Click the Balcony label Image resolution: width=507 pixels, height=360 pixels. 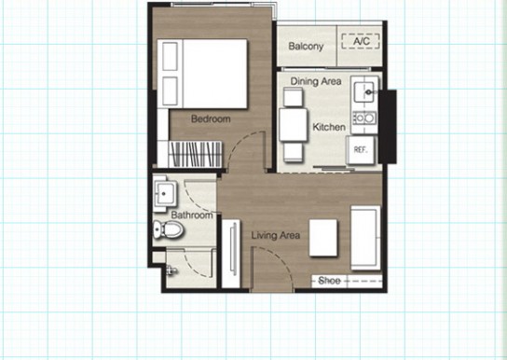306,47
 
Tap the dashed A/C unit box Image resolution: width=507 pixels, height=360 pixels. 361,41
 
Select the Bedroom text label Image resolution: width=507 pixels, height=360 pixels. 211,118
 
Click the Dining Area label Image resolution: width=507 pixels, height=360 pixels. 316,81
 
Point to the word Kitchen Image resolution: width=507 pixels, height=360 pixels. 329,127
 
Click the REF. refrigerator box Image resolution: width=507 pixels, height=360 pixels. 360,150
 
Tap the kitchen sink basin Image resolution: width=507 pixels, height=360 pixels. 364,91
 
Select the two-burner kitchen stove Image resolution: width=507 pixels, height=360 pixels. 364,118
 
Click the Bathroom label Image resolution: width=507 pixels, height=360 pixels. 192,215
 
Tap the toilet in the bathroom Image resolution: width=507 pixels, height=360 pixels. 168,229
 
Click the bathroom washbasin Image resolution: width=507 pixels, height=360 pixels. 165,193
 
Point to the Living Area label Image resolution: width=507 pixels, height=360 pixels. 276,235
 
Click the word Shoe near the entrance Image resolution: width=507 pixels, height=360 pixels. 329,281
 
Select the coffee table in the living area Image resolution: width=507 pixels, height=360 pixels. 323,238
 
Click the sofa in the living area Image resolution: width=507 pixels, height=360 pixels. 365,238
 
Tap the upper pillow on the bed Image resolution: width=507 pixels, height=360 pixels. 170,57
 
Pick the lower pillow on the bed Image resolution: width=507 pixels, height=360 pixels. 170,91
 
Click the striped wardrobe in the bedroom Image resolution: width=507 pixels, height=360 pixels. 195,154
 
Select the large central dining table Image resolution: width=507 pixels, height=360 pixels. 293,125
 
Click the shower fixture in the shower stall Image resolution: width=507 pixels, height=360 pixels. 171,270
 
